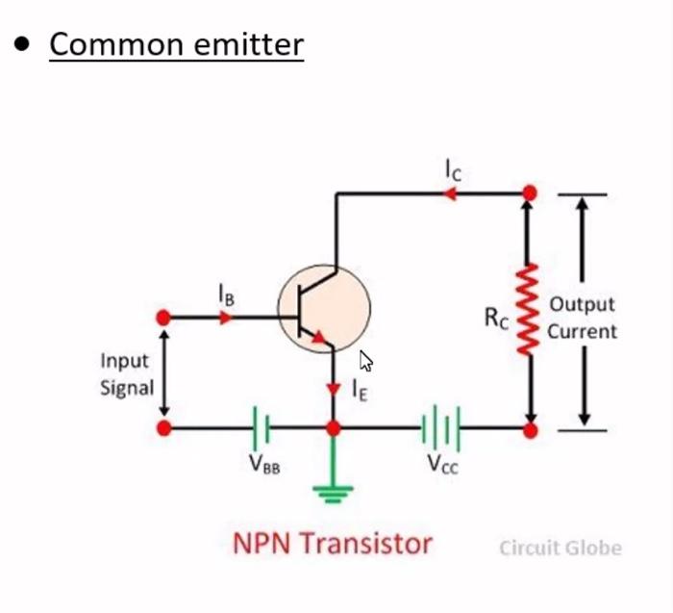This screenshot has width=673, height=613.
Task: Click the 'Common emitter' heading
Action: tap(176, 44)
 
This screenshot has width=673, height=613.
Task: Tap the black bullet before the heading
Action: tap(22, 44)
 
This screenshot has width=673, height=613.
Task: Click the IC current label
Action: tap(453, 170)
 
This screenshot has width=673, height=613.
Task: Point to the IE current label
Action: tap(359, 391)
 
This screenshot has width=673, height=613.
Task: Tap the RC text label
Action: tap(496, 319)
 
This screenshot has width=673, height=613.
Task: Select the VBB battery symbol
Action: tap(261, 426)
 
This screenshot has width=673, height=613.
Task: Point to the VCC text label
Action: tap(443, 464)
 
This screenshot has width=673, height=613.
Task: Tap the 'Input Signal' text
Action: tap(126, 374)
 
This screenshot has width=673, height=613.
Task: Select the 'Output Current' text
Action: tap(583, 318)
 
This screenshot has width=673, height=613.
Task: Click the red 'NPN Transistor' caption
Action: tap(332, 544)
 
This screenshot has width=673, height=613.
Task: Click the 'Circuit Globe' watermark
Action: tap(560, 549)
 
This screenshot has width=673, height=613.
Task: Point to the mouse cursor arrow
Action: tap(365, 362)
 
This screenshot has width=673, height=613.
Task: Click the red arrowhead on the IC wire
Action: tap(449, 193)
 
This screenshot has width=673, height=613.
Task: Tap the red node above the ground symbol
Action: tap(333, 427)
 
